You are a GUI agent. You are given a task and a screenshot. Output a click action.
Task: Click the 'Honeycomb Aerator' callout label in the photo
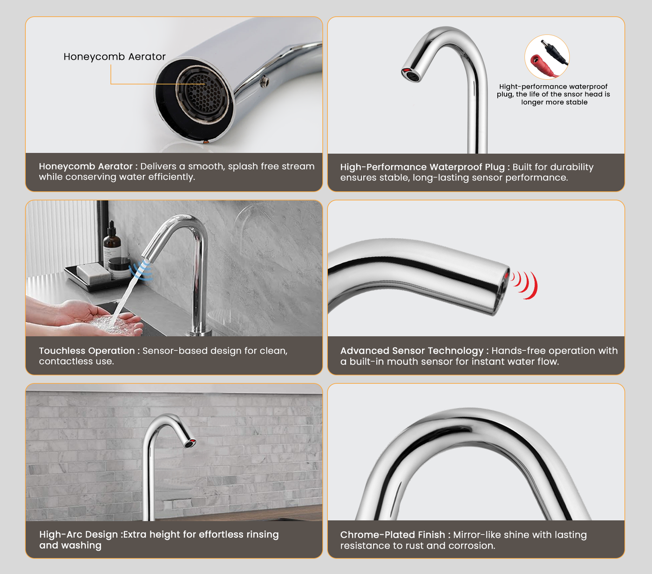(114, 57)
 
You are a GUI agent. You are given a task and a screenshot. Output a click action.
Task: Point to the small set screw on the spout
(265, 82)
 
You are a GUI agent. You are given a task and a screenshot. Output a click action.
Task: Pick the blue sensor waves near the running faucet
(142, 270)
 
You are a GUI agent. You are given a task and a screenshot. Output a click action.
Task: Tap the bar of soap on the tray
(94, 272)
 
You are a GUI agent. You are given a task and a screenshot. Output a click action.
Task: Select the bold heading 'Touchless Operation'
(87, 350)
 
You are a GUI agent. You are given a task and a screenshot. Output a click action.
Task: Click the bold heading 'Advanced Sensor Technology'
(412, 350)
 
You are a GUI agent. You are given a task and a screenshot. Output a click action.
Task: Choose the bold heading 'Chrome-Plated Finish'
(393, 535)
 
